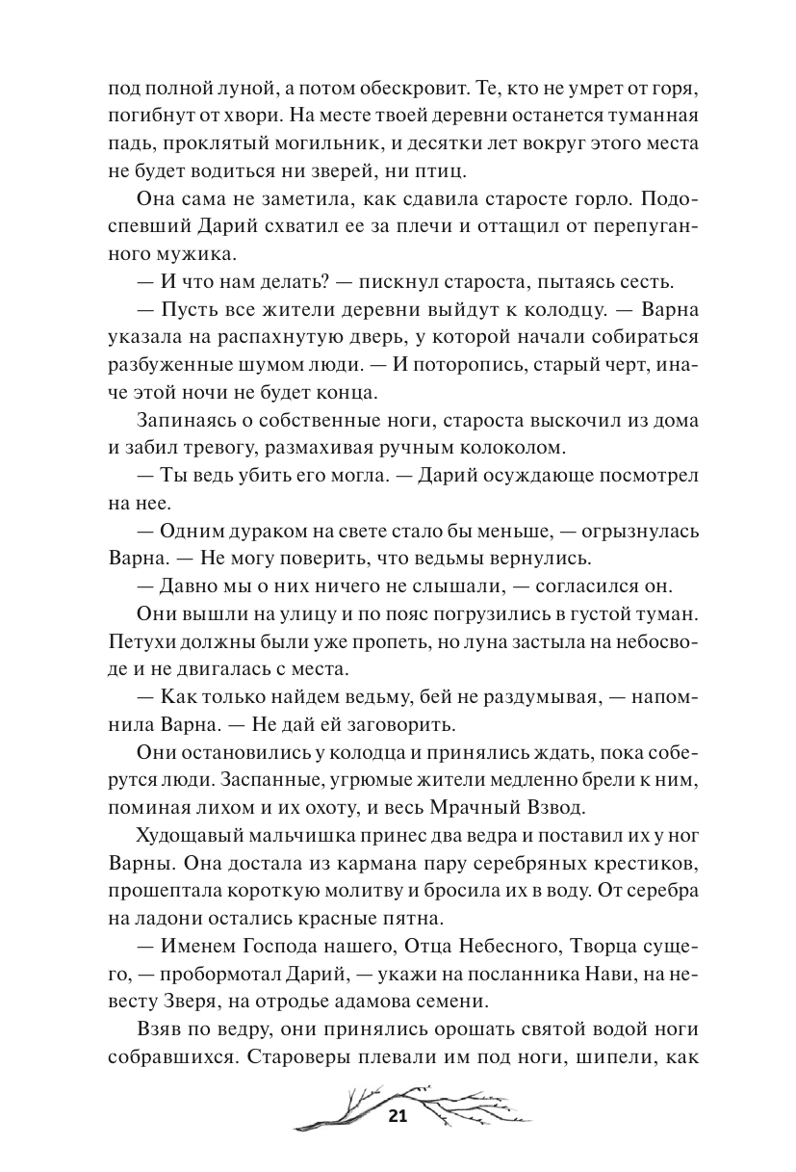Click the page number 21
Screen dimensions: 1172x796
(398, 1118)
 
